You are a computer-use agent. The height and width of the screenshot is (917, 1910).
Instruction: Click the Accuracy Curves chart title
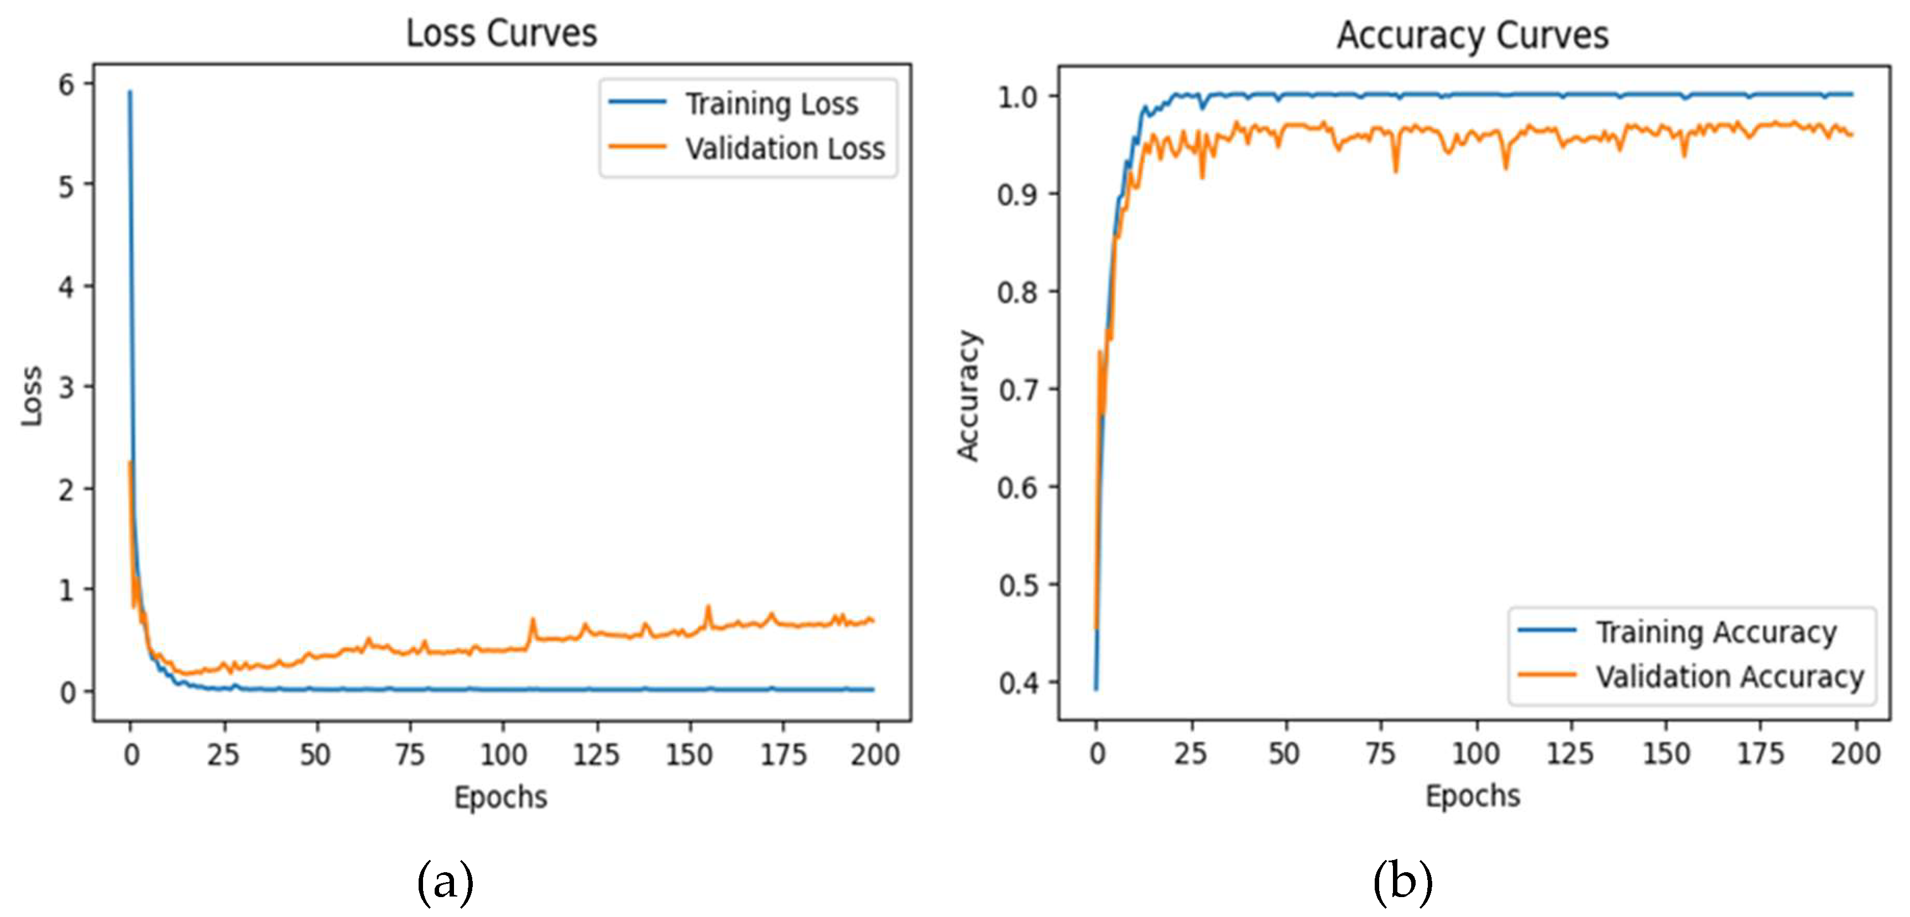[x=1473, y=35]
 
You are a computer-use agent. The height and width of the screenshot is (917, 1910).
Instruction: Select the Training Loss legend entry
[x=771, y=104]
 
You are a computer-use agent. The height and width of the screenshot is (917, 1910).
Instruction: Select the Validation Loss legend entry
[x=785, y=148]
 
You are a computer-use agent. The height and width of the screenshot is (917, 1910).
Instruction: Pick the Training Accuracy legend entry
[x=1716, y=632]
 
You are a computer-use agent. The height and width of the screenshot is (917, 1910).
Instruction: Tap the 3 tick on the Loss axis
[x=67, y=387]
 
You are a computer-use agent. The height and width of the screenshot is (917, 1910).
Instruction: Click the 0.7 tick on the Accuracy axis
[x=1017, y=389]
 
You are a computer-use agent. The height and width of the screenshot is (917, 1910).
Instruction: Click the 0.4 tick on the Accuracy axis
[x=1017, y=682]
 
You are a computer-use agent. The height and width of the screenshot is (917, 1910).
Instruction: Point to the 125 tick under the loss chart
[x=596, y=754]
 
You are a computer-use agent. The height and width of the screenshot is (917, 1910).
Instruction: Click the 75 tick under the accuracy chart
[x=1381, y=753]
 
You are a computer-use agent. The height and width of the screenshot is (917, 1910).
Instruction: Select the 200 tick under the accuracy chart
[x=1855, y=753]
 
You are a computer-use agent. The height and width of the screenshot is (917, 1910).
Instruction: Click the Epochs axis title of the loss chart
[x=500, y=798]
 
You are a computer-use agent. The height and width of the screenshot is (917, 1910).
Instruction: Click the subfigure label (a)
[x=445, y=882]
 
